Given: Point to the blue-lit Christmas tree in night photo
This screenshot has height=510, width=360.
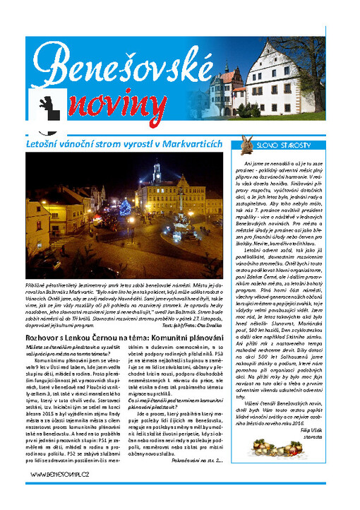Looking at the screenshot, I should click(x=126, y=208).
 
